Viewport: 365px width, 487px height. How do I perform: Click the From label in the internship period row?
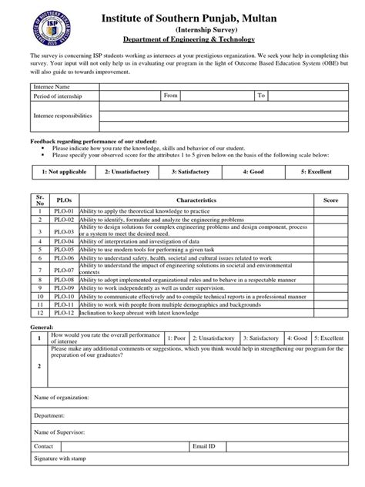pos(171,96)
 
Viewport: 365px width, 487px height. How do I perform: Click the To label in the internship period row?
pos(262,96)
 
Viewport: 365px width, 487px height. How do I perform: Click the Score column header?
pos(330,200)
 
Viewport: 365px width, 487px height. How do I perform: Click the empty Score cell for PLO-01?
pos(330,210)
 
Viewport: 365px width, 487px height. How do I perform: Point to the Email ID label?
pos(204,446)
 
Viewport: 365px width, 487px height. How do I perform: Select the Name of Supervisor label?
pos(59,433)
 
